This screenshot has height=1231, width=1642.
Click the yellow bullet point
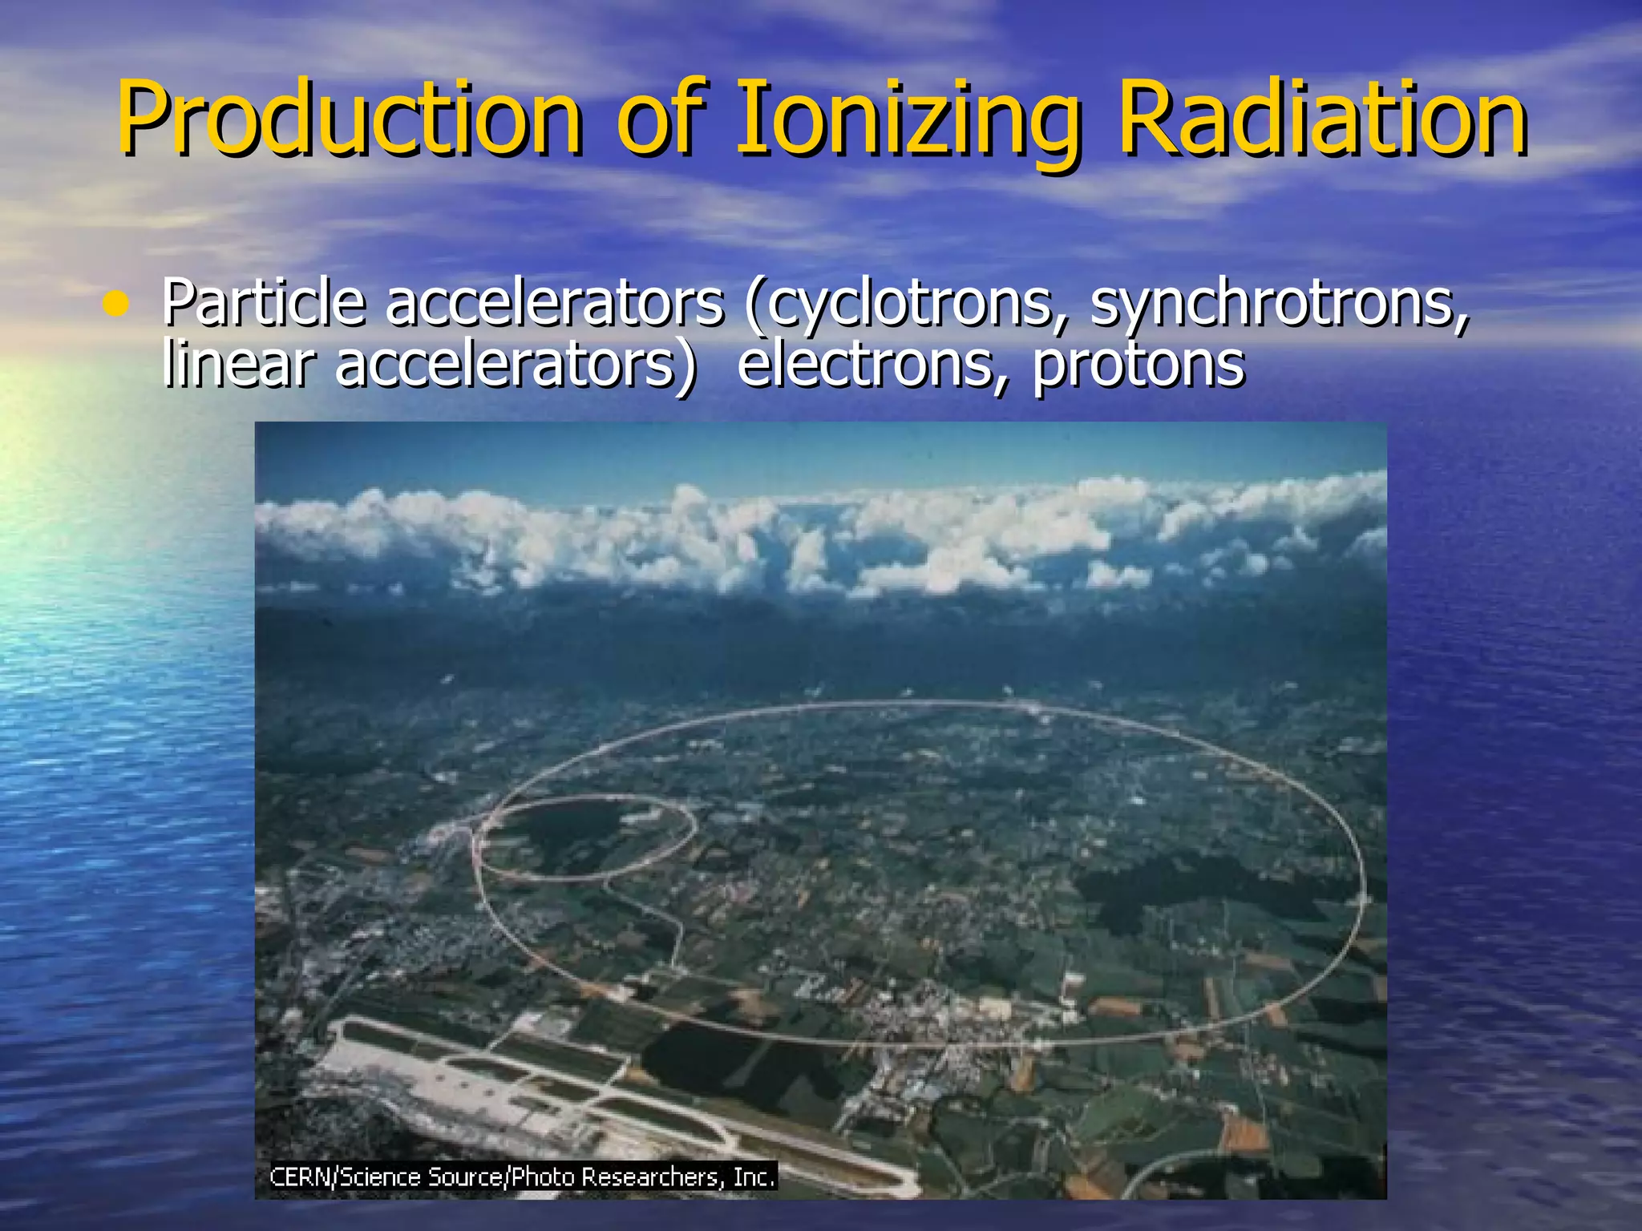coord(115,305)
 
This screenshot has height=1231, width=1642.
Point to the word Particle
coord(263,303)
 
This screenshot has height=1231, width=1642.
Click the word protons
coord(1138,365)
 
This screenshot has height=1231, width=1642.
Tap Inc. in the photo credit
coord(754,1177)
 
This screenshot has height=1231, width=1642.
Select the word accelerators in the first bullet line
coord(554,303)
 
